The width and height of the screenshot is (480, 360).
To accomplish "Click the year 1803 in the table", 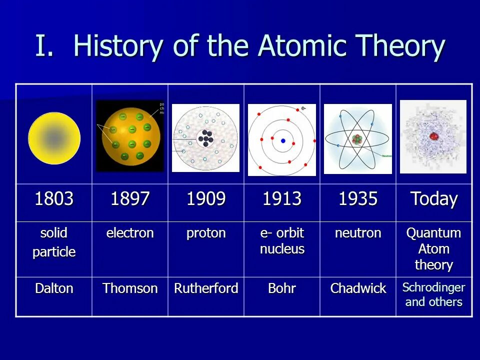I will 54,199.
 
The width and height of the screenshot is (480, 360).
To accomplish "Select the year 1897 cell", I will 130,199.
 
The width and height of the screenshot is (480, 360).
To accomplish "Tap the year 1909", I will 206,199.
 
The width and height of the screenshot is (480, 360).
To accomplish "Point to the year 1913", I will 282,199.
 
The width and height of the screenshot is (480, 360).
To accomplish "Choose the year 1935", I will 358,199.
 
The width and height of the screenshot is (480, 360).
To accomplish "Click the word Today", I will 434,199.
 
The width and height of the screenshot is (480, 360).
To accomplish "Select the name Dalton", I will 54,288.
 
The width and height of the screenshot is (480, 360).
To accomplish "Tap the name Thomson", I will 130,288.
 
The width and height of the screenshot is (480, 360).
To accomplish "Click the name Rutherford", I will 206,288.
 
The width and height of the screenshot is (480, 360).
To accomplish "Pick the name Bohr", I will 282,288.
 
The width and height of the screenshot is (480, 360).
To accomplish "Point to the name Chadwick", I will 358,288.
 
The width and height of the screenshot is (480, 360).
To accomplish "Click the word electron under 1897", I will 130,233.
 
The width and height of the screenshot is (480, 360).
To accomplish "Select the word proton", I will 206,233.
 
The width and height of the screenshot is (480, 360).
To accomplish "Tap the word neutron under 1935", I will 358,233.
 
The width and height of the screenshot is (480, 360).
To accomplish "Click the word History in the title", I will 118,46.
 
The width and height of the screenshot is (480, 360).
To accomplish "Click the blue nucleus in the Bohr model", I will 283,141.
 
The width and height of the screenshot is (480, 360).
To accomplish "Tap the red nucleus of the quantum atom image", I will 434,136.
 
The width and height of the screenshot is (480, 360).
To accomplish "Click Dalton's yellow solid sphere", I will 54,138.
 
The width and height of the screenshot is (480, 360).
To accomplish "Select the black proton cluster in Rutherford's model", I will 205,137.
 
